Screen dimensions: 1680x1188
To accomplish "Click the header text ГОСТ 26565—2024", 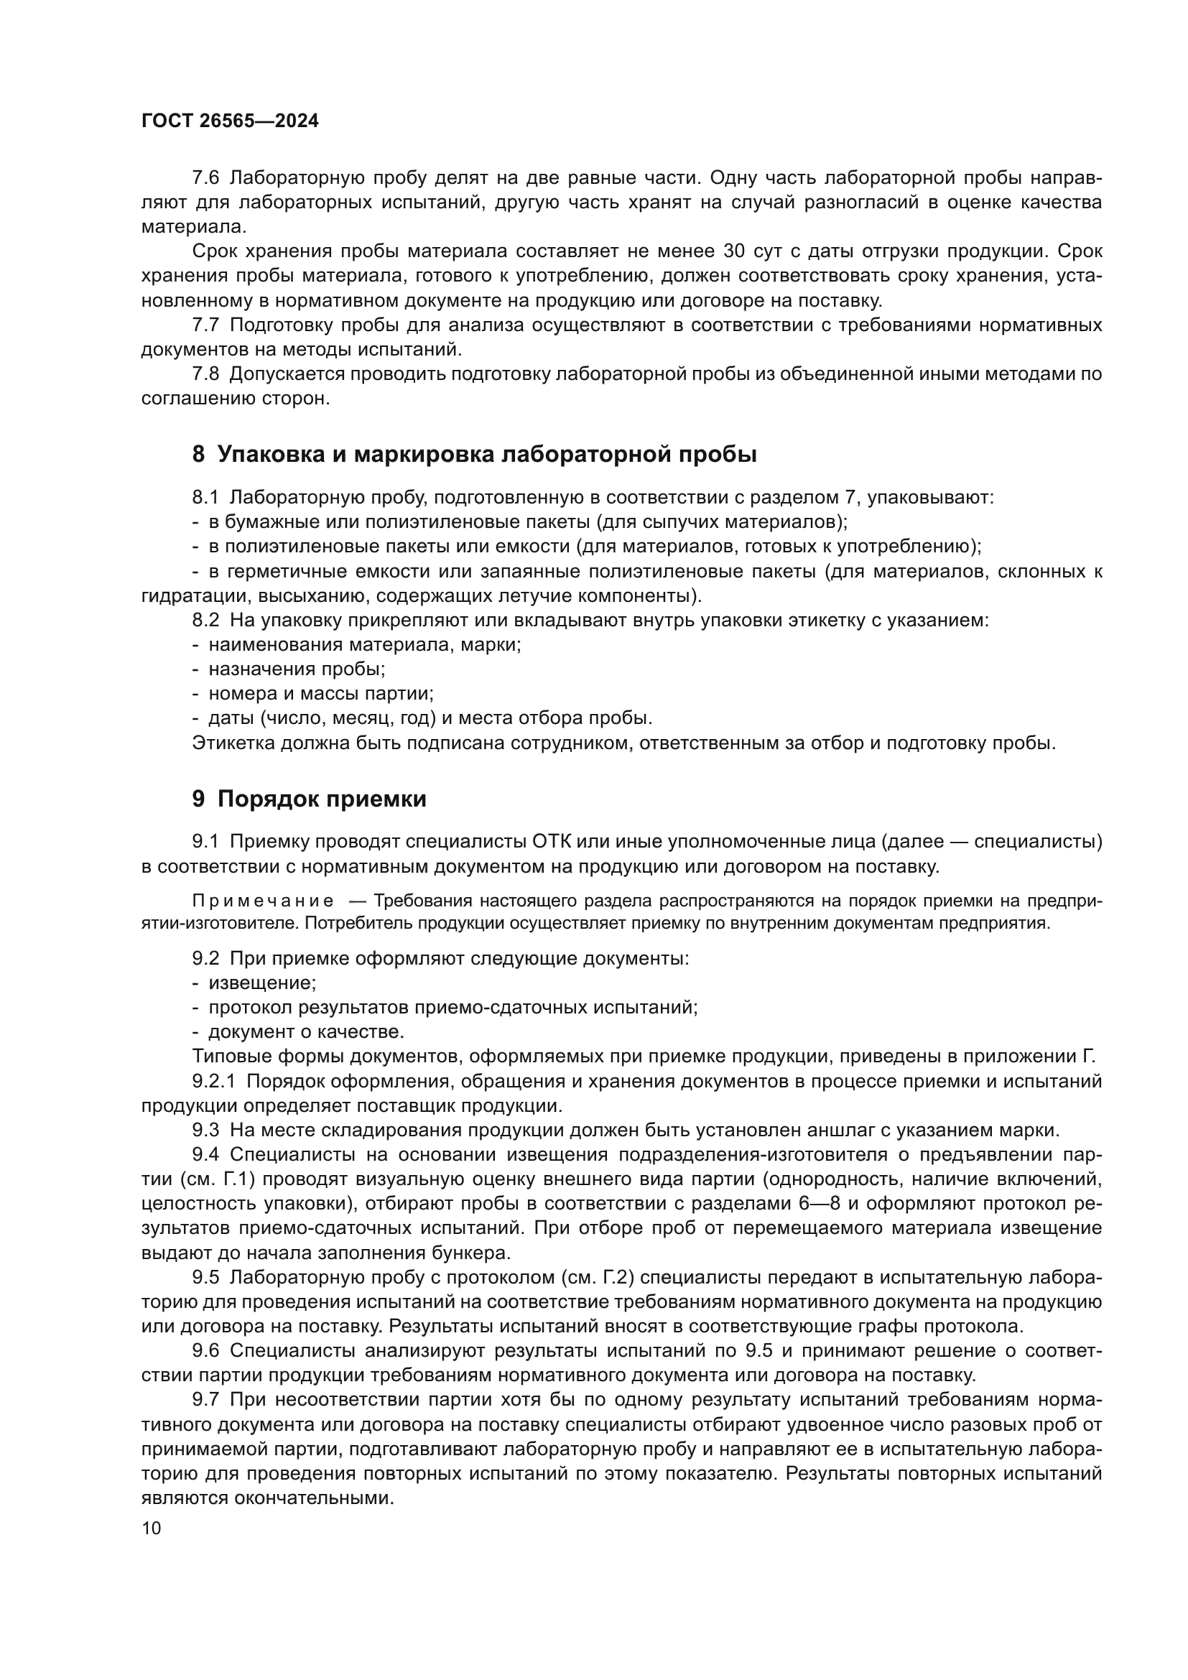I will point(230,121).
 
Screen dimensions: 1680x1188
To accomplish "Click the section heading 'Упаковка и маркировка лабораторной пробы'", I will point(474,455).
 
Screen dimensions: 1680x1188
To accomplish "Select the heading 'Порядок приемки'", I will point(310,799).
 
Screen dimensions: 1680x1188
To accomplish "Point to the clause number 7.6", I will point(205,178).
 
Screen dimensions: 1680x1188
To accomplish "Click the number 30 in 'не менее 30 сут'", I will point(734,251).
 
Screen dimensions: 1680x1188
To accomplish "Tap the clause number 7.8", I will point(205,374).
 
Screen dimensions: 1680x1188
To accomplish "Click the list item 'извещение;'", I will point(262,983).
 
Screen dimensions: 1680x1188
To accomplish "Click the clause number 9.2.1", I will point(214,1081).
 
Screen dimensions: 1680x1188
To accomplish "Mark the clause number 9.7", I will point(205,1400).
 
